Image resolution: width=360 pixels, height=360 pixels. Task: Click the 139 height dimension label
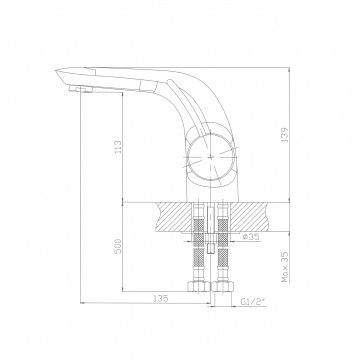(285, 135)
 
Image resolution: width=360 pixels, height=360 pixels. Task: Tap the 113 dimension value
(118, 147)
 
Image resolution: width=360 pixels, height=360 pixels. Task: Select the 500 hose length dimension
(118, 246)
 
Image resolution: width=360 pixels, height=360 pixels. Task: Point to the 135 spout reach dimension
(160, 299)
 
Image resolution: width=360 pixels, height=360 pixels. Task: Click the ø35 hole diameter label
(251, 237)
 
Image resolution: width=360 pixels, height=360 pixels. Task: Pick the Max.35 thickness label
(285, 267)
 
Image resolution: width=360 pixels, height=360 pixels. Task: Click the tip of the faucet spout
(56, 70)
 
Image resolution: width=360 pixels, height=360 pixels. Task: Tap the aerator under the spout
(80, 89)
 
